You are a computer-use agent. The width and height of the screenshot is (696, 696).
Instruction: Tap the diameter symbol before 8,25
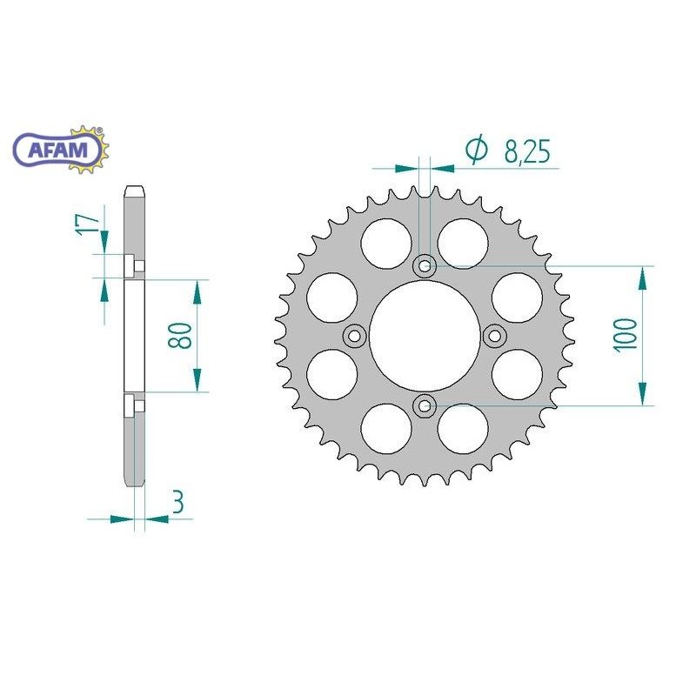476,150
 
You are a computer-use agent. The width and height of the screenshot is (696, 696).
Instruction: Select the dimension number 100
626,334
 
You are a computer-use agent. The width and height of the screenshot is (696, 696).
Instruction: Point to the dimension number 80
180,335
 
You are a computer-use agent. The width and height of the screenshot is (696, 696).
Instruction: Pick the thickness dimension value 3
178,504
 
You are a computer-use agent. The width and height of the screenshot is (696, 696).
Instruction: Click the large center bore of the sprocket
425,335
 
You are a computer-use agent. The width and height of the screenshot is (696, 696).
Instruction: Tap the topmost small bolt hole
425,266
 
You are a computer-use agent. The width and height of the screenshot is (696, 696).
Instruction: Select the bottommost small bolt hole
425,404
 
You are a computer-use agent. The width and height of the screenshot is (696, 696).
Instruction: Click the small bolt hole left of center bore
355,335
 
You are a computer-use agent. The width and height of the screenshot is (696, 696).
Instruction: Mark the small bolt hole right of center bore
494,335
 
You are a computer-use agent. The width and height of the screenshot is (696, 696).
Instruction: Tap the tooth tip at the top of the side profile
135,189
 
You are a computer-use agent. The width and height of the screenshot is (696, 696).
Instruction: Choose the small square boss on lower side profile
129,405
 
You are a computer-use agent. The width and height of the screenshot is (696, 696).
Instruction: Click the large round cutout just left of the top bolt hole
385,242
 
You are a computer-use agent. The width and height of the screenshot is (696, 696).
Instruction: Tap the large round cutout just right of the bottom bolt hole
464,428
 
